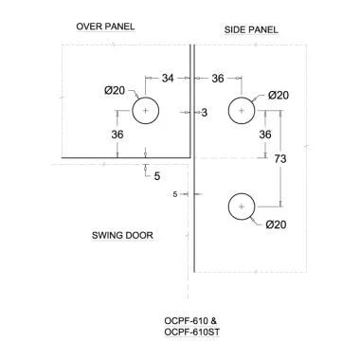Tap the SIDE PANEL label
coord(251,30)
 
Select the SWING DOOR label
coord(122,234)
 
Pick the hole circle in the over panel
coord(144,113)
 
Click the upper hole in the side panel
coord(243,112)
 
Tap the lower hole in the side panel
coord(243,207)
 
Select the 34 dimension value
coord(168,78)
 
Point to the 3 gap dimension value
coord(204,113)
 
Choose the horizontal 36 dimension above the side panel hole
coord(217,78)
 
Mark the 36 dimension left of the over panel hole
coord(117,135)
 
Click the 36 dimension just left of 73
coord(265,135)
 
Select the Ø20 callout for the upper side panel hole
coord(279,95)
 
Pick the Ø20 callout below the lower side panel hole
coord(277,224)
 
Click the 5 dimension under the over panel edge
coord(157,175)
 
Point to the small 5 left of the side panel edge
coord(176,194)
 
